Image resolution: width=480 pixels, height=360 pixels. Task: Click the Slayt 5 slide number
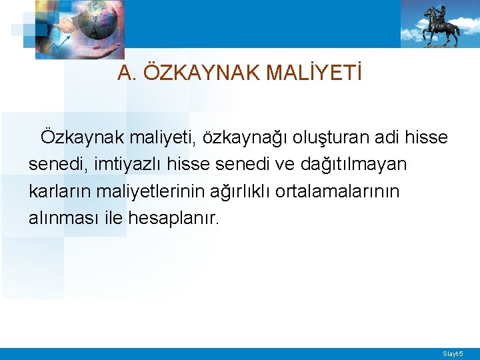click(453, 353)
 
